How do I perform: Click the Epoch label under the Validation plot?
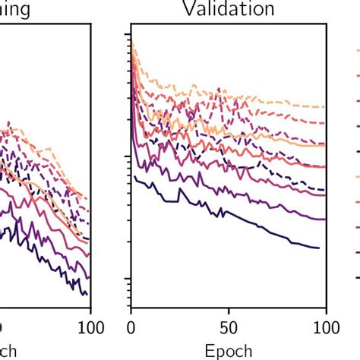tap(229, 351)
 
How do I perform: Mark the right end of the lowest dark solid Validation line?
tap(318, 248)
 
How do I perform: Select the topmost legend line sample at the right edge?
tap(355, 52)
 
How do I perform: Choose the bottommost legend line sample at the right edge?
tap(355, 277)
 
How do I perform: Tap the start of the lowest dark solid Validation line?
tap(135, 176)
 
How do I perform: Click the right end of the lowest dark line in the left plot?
tap(87, 295)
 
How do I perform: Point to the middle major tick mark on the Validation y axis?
tap(127, 156)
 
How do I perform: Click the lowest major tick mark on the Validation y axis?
tap(127, 282)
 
